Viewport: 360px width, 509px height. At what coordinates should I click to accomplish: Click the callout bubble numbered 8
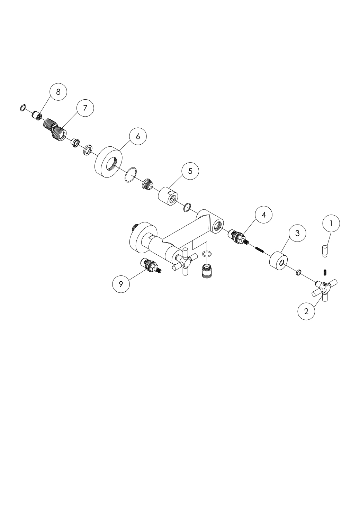(58, 92)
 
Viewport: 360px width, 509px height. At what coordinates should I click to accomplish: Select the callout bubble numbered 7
(85, 108)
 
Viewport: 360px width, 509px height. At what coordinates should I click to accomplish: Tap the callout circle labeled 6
(138, 136)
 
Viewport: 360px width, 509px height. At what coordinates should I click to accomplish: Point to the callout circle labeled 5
(190, 171)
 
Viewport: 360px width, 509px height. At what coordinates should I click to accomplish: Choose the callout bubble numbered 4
(264, 215)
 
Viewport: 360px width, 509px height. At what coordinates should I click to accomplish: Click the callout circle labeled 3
(297, 233)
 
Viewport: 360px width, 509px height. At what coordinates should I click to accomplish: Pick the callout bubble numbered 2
(306, 311)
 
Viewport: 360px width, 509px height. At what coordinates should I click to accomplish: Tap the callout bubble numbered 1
(331, 224)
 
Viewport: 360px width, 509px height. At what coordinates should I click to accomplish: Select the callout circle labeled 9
(121, 284)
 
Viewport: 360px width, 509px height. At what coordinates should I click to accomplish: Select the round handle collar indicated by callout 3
(278, 261)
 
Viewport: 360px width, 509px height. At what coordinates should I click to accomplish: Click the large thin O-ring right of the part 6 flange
(131, 175)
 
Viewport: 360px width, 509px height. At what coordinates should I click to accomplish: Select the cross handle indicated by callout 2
(325, 288)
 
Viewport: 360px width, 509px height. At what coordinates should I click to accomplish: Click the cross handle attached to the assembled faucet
(184, 261)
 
